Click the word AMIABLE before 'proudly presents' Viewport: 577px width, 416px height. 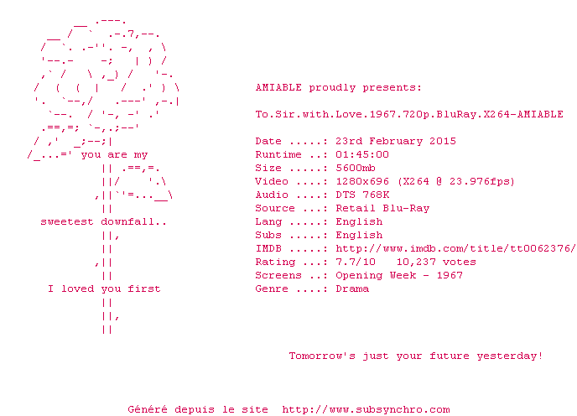pos(278,87)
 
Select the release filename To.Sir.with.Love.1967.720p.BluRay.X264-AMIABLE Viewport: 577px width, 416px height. pos(409,114)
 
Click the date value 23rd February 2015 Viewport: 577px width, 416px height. pos(396,141)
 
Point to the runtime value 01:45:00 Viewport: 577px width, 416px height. pos(362,154)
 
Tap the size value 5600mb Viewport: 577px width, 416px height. pos(356,168)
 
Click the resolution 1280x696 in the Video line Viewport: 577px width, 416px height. pos(362,181)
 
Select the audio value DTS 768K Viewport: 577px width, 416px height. pos(362,195)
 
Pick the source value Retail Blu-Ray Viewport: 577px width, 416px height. pos(382,208)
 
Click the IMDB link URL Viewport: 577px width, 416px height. pos(455,248)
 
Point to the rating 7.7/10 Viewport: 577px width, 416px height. pos(356,262)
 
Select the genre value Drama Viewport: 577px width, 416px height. pos(352,289)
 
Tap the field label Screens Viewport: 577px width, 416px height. pos(278,275)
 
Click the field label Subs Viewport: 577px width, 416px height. pos(268,235)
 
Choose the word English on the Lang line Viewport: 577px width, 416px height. pos(359,221)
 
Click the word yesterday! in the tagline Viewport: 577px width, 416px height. pos(510,356)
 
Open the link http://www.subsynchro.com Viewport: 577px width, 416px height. pos(366,409)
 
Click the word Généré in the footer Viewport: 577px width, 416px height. pos(148,409)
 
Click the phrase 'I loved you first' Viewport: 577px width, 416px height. pos(104,289)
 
